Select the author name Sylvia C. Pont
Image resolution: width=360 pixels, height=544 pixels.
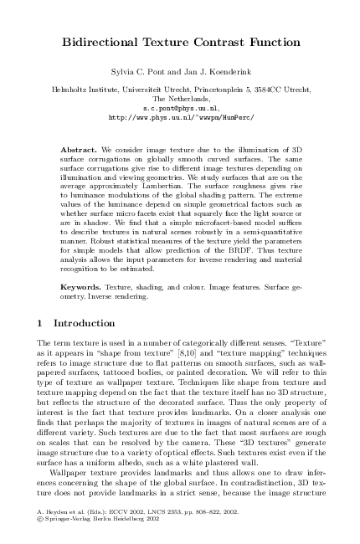[x=136, y=74]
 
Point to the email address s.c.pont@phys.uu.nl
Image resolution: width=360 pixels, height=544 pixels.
[x=181, y=109]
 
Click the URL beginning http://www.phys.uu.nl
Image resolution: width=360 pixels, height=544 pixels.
[x=181, y=118]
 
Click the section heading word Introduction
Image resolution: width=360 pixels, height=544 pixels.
[x=85, y=324]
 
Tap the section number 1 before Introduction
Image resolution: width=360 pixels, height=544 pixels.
[x=42, y=324]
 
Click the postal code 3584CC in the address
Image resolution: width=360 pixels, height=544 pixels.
[x=255, y=87]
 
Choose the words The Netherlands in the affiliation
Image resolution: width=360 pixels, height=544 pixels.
[x=180, y=98]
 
